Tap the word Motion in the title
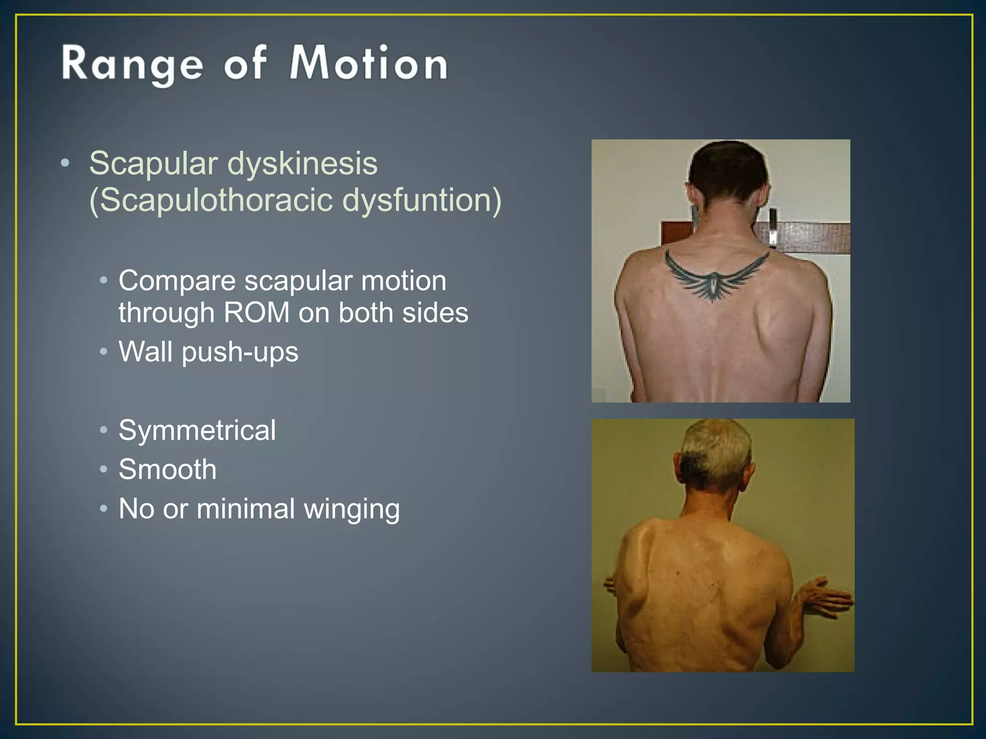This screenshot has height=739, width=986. point(369,64)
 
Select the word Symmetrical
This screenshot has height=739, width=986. point(197,430)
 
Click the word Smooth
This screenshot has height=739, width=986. point(167,470)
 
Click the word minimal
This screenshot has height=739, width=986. point(246,509)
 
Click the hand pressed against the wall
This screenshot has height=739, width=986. point(823,599)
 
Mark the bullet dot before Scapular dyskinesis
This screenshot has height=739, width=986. point(65,164)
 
